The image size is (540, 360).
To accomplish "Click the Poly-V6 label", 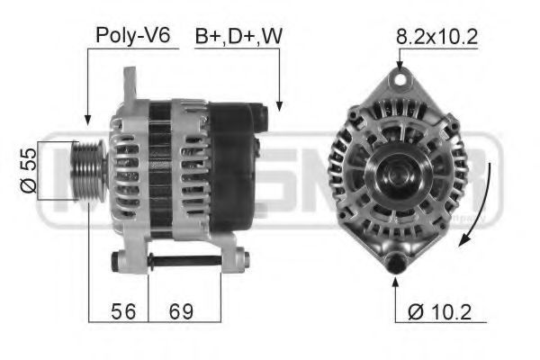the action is (x=133, y=36).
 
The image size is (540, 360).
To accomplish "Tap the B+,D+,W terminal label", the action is (x=238, y=36).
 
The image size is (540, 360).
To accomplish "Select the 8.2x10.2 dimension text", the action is (x=436, y=37).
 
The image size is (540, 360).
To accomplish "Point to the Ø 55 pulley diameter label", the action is (x=29, y=170).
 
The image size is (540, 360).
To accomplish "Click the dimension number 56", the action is (x=123, y=311).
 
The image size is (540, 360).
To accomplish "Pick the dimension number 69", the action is (x=181, y=311).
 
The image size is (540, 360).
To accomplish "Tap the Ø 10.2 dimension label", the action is (x=439, y=312).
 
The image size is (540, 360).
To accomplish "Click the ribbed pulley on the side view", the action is (x=89, y=170).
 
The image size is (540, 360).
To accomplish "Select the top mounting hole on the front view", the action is (x=400, y=79).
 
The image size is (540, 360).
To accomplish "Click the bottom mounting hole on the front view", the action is (x=395, y=264).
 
